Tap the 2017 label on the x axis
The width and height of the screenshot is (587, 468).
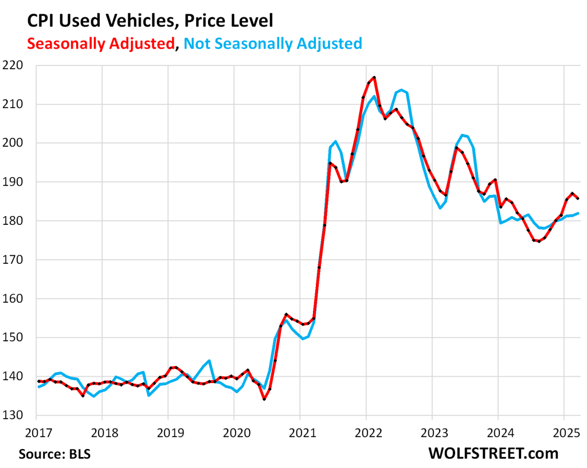tap(36, 430)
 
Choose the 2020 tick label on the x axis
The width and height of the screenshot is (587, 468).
tap(234, 430)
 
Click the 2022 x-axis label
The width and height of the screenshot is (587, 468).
tap(366, 430)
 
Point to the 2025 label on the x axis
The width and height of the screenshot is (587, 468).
tap(563, 430)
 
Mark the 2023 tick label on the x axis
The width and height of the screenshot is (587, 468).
tap(432, 430)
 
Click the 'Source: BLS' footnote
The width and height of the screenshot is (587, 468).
tap(54, 454)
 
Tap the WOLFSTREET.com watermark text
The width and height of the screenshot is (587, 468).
tap(493, 453)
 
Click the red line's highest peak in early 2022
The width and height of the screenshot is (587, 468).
tap(374, 77)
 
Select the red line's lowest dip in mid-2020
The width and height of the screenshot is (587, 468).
tap(264, 399)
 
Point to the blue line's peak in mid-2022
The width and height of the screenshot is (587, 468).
tap(401, 90)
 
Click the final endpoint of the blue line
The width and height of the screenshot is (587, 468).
tap(578, 213)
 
